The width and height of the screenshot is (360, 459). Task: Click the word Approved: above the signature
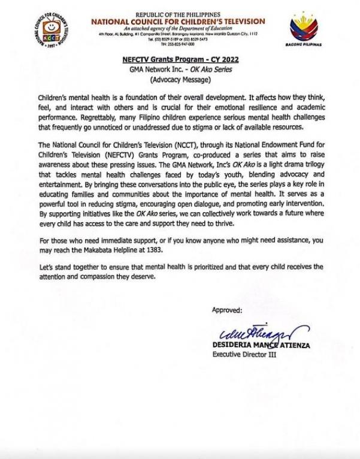pyautogui.click(x=227, y=310)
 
